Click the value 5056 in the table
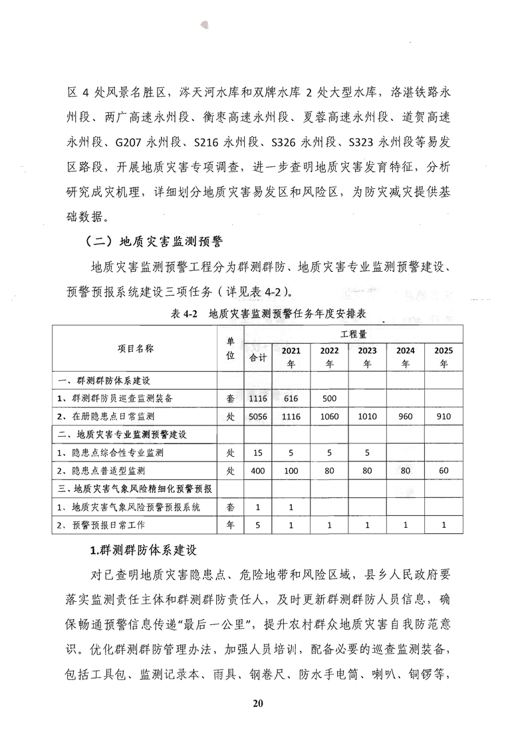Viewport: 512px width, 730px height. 257,417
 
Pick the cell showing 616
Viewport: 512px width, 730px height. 292,399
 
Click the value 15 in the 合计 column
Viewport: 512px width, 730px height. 257,453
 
